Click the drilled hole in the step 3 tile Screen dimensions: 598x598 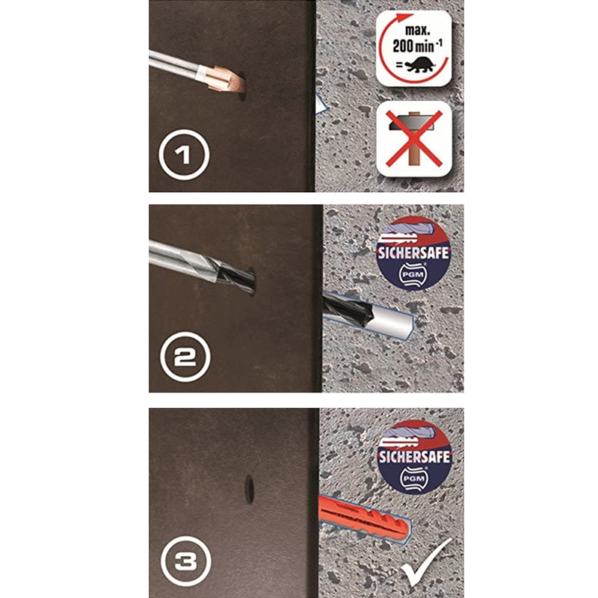[x=248, y=490]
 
